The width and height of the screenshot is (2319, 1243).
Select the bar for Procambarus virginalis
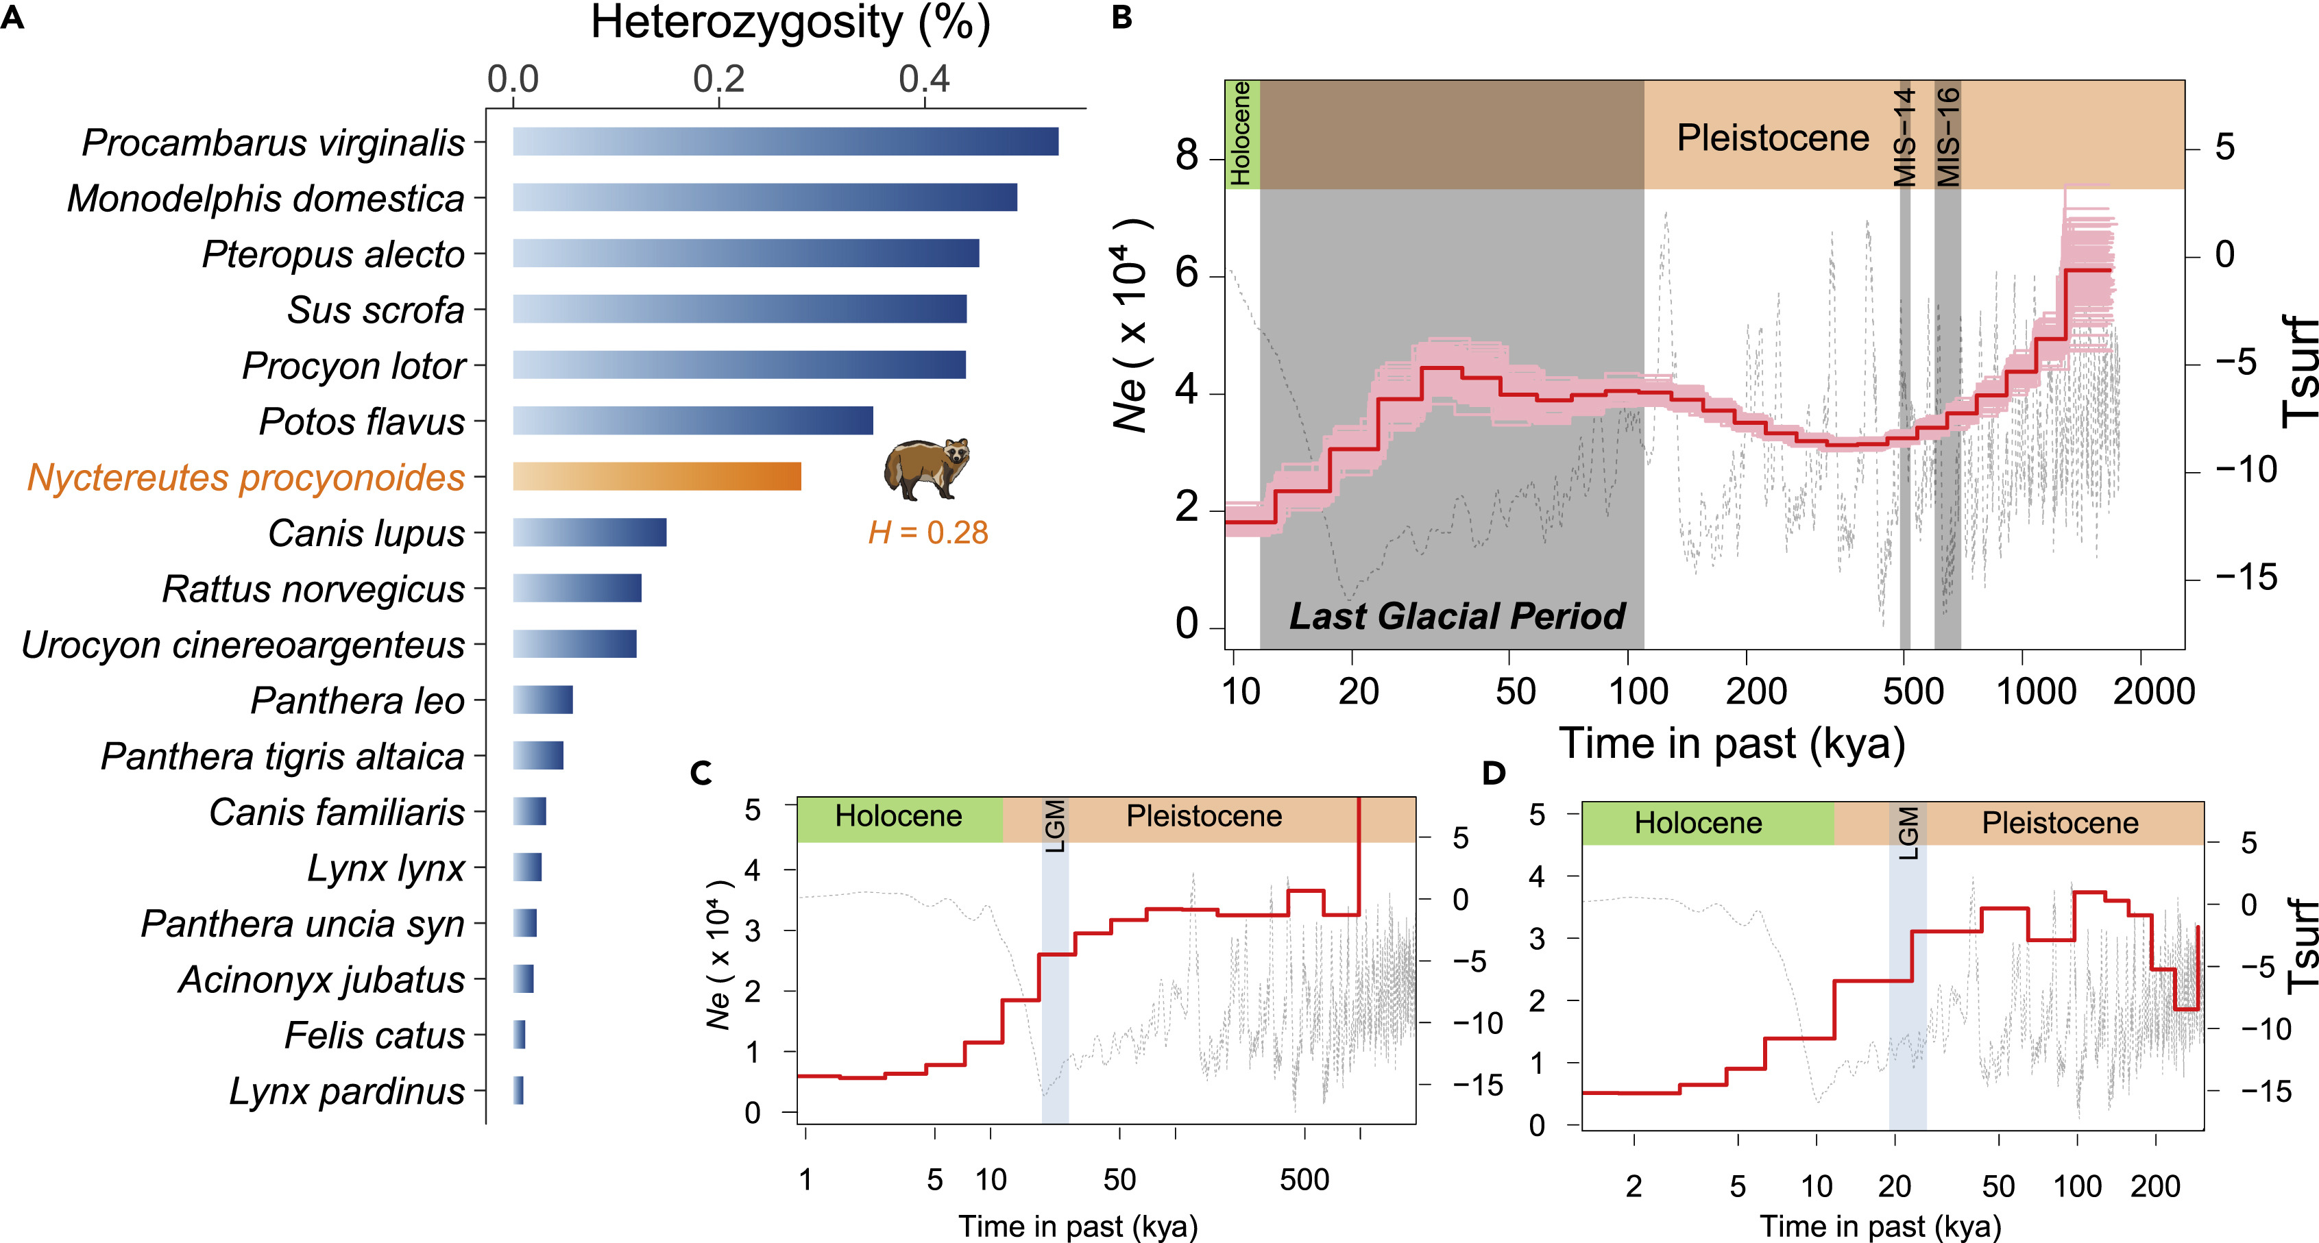[x=785, y=141]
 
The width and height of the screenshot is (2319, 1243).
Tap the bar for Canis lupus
[x=590, y=532]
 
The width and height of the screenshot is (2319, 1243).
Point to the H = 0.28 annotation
[x=927, y=533]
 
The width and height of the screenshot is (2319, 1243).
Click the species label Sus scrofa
[x=376, y=310]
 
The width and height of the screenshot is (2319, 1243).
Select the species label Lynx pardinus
[x=347, y=1091]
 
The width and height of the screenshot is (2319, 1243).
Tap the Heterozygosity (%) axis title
[x=790, y=23]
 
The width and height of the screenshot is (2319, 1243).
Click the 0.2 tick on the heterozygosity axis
[x=718, y=80]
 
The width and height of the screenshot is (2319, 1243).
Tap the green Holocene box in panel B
[x=1241, y=134]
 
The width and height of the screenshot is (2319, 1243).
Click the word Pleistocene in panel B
[x=1773, y=138]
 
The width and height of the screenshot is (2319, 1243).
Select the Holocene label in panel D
[x=1698, y=823]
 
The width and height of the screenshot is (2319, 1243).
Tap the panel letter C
[x=701, y=773]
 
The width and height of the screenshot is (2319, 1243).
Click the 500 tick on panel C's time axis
[x=1304, y=1179]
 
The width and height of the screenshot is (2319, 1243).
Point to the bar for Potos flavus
[x=692, y=420]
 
